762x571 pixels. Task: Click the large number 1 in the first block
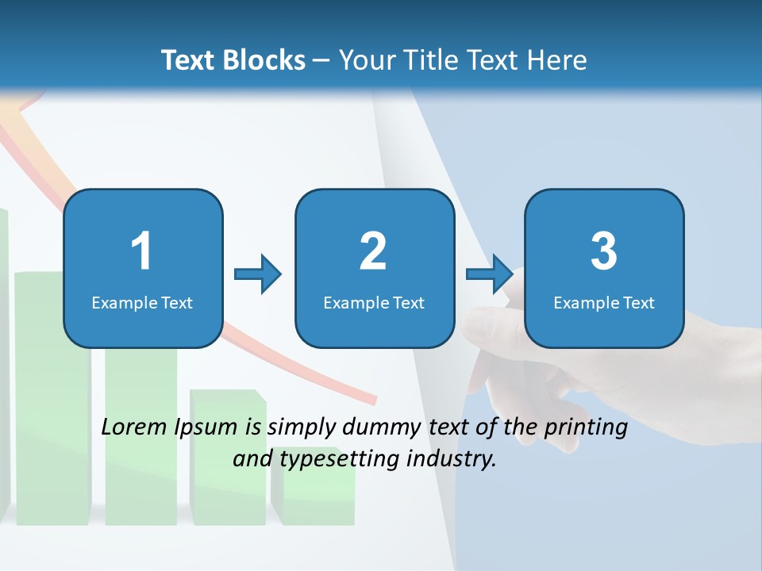[142, 251]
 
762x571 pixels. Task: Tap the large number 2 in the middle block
[373, 251]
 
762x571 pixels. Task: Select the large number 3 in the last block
[604, 251]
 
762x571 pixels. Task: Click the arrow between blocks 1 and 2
[258, 274]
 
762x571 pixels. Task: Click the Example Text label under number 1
[142, 302]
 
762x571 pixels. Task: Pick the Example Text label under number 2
[374, 302]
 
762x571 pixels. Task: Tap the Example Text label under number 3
[604, 302]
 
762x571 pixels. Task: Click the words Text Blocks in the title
[233, 60]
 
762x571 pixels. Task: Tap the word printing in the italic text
[585, 428]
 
